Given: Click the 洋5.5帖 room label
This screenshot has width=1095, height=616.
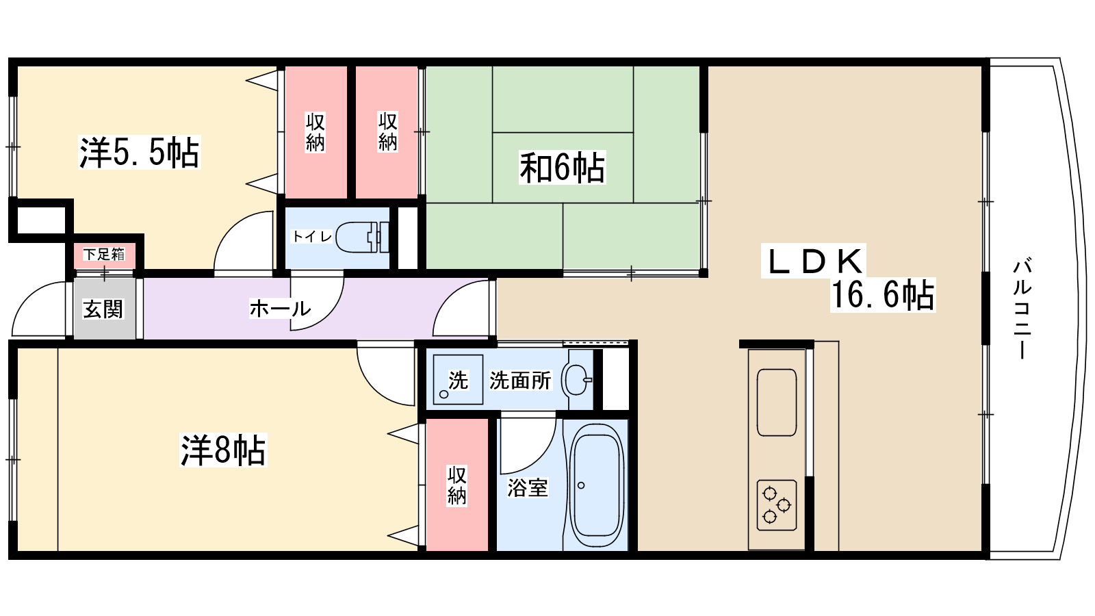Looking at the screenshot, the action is point(140,153).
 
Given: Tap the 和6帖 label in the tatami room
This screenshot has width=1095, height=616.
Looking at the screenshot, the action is point(562,168).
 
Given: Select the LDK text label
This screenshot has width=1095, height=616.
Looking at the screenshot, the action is point(814,261).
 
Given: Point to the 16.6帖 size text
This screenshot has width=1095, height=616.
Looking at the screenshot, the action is point(883,295).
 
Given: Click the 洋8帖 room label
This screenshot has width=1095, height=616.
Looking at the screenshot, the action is point(223,450).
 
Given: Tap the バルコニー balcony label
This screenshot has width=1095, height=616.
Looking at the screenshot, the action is point(1022,308).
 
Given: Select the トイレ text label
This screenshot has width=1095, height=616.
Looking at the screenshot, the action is point(312,237).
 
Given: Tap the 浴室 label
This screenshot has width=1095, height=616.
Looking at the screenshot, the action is point(528,487).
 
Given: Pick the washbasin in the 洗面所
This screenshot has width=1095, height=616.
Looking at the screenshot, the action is point(577,380).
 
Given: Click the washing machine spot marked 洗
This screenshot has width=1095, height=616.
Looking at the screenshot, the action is point(458,380).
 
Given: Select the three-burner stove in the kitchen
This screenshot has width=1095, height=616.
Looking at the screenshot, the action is point(777,505).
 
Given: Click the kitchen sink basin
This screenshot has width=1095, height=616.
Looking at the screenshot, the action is point(777,402).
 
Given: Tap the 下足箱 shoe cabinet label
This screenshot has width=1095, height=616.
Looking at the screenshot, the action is point(104,254).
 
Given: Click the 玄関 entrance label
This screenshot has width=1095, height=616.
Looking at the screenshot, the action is point(103,309).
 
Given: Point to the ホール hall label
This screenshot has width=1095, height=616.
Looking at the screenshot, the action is point(280,309).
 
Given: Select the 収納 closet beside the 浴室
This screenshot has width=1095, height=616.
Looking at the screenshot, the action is point(457,485).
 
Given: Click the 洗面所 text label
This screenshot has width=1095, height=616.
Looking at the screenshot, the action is point(520,380).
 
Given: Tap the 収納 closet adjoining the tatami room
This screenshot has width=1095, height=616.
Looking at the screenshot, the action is point(387,132).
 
